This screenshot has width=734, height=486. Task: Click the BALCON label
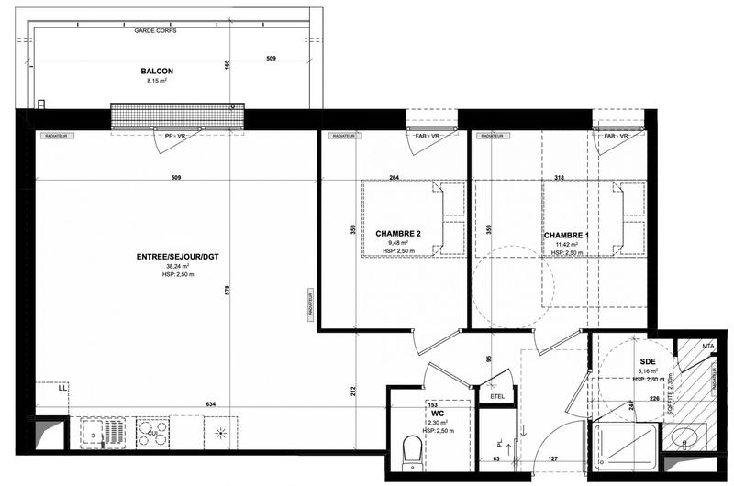point(157,71)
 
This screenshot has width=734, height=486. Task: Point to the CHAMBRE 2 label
point(398,234)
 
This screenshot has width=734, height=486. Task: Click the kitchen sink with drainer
point(102,431)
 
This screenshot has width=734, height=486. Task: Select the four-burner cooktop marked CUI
point(153,431)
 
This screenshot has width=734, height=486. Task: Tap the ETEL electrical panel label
point(499,396)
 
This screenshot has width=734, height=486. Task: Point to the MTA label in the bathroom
point(707,346)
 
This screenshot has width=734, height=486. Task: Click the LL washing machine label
point(62,390)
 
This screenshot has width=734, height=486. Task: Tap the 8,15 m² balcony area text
point(157,81)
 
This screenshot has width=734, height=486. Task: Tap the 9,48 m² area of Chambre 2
point(398,243)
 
